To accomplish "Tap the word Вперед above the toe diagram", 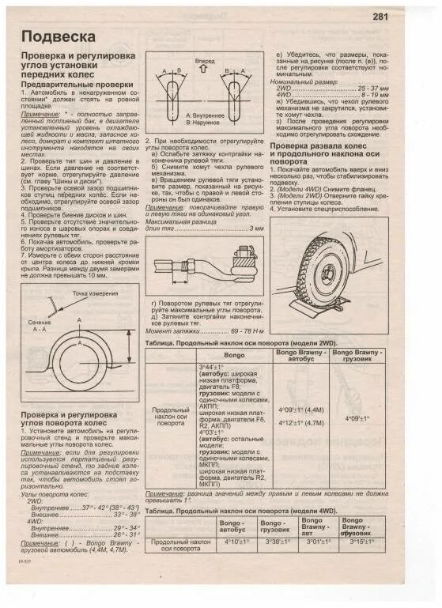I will pos(205,60).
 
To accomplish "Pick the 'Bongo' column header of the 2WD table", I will pos(234,355).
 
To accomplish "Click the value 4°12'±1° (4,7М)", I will pos(301,423).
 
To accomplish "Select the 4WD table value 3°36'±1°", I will pos(278,542).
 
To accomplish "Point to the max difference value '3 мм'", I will pos(255,250).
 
